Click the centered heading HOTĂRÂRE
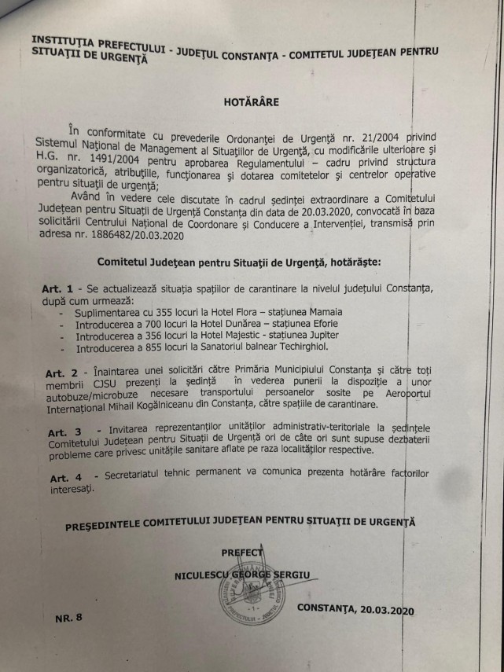pos(251,101)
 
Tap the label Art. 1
pos(57,289)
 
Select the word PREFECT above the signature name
pos(241,553)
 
